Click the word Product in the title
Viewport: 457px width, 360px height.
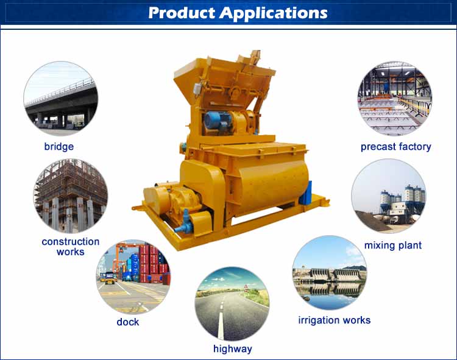182,13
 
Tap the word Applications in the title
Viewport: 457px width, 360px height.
274,13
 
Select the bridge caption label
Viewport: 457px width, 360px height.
59,146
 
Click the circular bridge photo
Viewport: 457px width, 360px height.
60,99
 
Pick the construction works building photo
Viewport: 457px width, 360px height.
71,196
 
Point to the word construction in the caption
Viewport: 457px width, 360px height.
71,241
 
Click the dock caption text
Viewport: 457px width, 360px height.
128,322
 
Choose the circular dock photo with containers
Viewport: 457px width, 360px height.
133,277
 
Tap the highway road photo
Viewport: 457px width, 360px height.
232,304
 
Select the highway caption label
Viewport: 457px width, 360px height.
233,348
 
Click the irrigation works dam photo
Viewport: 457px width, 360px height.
330,273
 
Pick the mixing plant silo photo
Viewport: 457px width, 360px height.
389,196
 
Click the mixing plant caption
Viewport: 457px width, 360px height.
393,245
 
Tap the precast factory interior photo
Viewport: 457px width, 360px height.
395,99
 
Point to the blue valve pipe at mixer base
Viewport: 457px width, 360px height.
184,224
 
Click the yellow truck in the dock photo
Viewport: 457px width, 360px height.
109,278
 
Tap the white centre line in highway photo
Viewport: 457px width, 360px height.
221,317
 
